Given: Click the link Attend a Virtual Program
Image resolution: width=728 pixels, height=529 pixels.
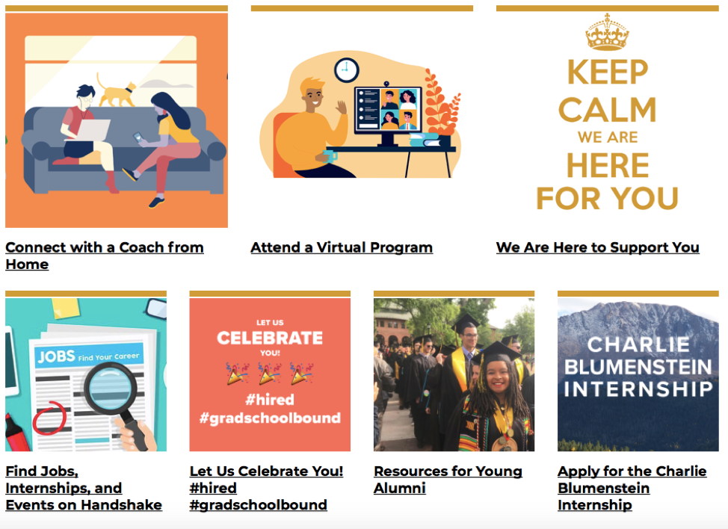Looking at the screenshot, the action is click(342, 247).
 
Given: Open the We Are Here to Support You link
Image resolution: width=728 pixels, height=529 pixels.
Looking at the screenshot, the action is click(597, 247).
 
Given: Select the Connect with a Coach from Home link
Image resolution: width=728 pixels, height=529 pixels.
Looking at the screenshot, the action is click(105, 256).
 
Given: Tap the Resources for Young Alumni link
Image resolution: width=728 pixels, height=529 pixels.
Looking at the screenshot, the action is click(448, 480).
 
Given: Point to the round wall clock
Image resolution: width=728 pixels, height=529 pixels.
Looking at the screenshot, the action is click(346, 70).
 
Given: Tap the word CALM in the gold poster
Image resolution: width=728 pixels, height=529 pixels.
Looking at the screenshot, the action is click(607, 110).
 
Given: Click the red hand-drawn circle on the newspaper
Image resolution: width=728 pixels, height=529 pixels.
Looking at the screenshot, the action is click(49, 418).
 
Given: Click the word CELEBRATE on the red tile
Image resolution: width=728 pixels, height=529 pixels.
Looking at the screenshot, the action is click(270, 338).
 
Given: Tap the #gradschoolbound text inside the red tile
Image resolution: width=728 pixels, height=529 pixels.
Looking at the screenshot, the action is click(270, 418).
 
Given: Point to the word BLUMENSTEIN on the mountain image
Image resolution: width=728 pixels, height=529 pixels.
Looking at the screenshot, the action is click(638, 367).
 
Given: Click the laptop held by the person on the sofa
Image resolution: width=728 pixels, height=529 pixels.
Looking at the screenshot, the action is click(93, 130).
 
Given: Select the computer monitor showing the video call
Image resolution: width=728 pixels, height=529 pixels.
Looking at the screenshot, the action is click(388, 111).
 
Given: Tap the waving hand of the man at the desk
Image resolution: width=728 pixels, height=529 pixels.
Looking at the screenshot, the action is click(342, 107).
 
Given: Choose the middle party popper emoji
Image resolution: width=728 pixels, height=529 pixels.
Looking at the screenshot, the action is click(270, 374).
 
